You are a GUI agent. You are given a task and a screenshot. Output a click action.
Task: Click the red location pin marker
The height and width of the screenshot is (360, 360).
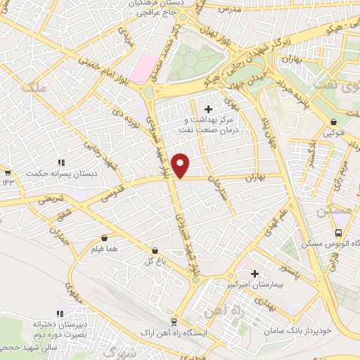pos(181,165)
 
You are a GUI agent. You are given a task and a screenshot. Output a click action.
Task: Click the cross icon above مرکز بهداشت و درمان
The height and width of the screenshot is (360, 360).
pos(208,109)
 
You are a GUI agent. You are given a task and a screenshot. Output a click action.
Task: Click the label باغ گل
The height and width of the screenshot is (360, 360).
pos(145,261)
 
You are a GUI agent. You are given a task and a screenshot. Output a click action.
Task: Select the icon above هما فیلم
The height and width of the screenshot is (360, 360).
pos(105,238)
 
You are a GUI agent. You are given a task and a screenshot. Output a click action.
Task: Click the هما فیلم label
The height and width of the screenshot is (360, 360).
pos(104,249)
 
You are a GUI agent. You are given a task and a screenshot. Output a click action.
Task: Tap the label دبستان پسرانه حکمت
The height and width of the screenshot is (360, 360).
pos(54,173)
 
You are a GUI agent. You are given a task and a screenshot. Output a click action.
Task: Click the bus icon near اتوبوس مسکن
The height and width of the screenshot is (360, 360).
pos(339,233)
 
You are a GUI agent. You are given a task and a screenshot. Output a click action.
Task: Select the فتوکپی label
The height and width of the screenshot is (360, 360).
pos(334,131)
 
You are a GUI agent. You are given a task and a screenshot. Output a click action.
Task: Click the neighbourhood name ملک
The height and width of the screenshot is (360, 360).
pos(33,87)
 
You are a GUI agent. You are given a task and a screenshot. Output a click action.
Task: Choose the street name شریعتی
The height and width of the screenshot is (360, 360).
pos(50,199)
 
